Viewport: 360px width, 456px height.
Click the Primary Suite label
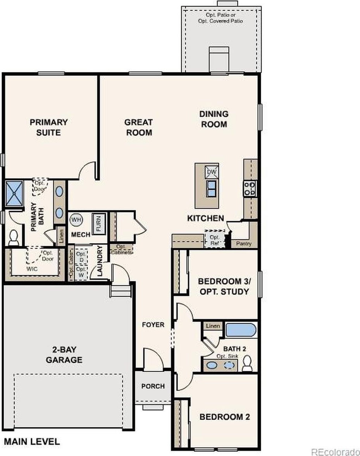48,127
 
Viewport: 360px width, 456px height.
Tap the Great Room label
138,127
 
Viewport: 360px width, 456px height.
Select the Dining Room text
214,119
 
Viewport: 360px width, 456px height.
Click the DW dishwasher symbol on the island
212,171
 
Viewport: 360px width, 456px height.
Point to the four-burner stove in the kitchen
250,189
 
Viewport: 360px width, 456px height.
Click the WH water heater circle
76,219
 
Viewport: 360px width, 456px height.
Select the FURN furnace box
99,224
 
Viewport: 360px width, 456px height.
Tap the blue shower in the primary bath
14,194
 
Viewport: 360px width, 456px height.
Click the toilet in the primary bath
14,238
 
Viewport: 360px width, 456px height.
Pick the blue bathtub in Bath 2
241,330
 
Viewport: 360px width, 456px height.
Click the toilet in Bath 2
247,363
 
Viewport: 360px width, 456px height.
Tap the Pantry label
244,243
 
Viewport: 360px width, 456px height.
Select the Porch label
153,386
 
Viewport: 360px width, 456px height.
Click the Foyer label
153,324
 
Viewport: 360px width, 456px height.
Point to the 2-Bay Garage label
64,355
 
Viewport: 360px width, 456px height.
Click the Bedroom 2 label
225,417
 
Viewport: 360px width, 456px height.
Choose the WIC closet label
32,269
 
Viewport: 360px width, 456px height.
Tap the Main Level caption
32,442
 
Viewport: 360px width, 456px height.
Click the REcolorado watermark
335,452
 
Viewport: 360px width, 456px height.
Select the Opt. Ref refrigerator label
215,240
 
